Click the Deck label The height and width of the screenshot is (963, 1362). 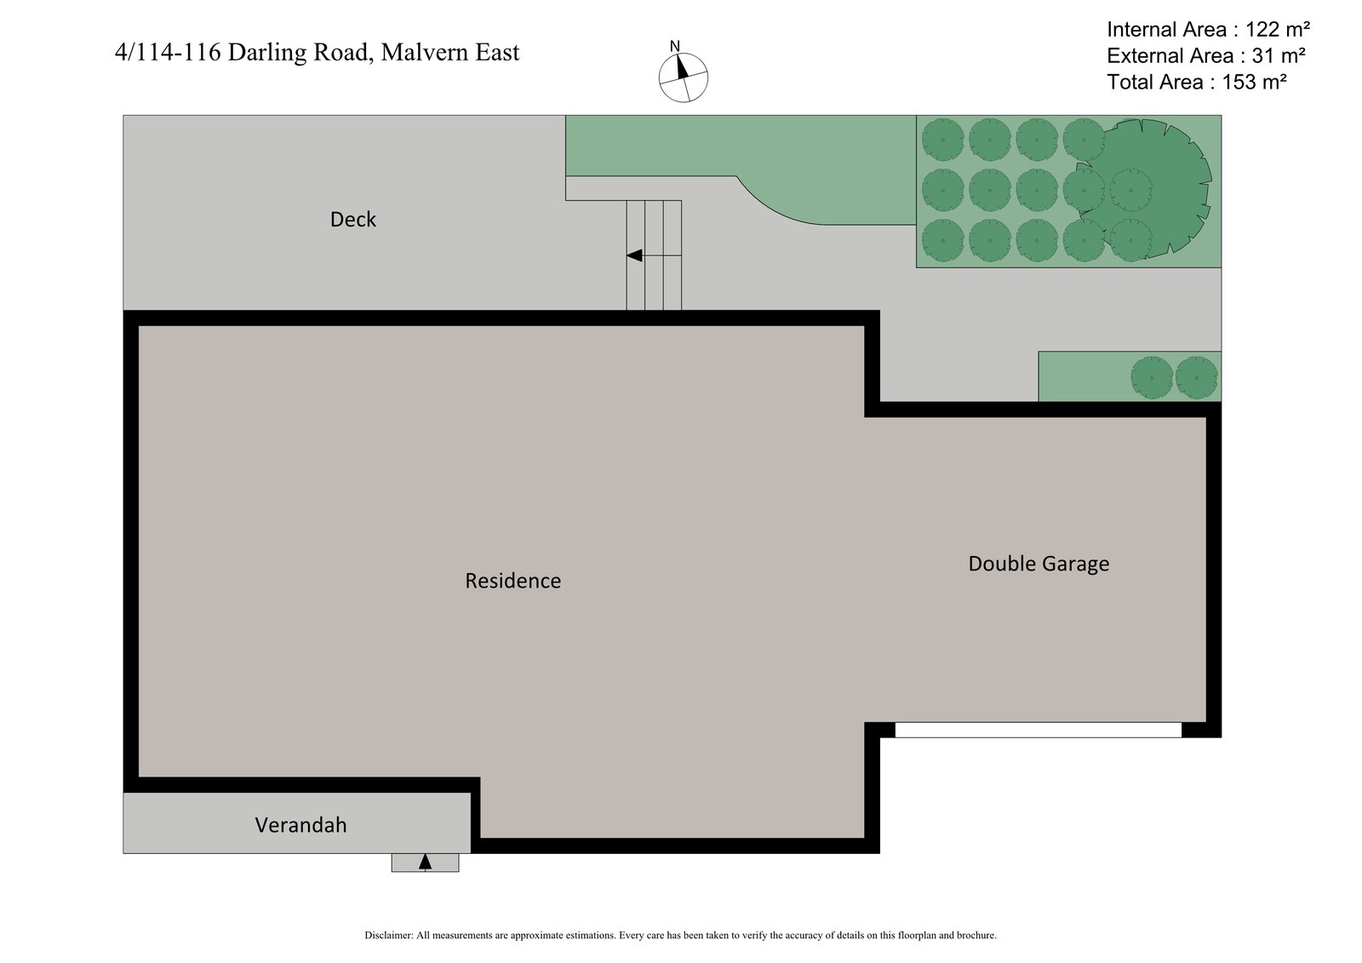pyautogui.click(x=352, y=220)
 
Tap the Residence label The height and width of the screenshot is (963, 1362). pyautogui.click(x=512, y=581)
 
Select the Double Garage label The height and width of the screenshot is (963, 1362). pyautogui.click(x=1039, y=564)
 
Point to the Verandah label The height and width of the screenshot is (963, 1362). pyautogui.click(x=300, y=825)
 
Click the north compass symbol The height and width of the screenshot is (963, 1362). pyautogui.click(x=683, y=76)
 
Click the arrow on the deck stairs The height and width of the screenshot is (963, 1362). pyautogui.click(x=635, y=255)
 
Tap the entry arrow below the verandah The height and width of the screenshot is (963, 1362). pyautogui.click(x=425, y=863)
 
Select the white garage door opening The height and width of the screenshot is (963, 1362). pyautogui.click(x=1038, y=730)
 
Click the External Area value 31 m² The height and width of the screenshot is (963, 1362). pyautogui.click(x=1273, y=56)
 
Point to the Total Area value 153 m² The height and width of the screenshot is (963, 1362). pyautogui.click(x=1253, y=83)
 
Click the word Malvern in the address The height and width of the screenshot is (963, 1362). pyautogui.click(x=421, y=53)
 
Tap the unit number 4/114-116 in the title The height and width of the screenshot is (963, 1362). pyautogui.click(x=168, y=53)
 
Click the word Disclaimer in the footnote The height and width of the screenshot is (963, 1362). pyautogui.click(x=388, y=935)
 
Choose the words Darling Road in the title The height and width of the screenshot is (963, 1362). pyautogui.click(x=300, y=53)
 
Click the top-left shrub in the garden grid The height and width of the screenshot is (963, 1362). pyautogui.click(x=942, y=139)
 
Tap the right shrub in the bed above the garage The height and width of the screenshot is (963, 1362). pyautogui.click(x=1196, y=377)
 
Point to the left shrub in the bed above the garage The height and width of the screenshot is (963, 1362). pyautogui.click(x=1152, y=377)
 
